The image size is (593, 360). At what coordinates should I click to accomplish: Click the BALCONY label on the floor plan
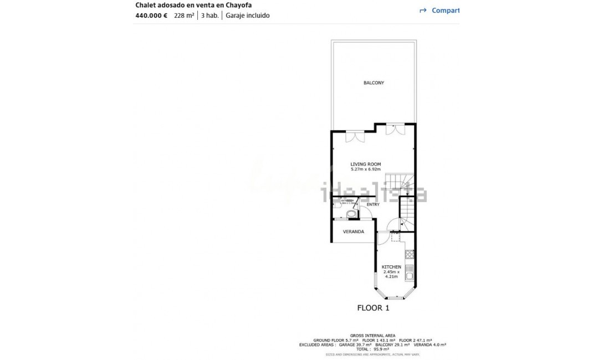point(374,83)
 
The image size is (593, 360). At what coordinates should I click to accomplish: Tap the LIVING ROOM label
point(366,164)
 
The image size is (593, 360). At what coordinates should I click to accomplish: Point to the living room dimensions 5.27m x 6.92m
point(366,169)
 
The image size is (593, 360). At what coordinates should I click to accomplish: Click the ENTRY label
point(373,204)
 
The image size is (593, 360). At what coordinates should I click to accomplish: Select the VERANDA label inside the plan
point(354,232)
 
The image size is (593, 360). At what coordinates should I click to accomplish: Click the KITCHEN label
point(391,267)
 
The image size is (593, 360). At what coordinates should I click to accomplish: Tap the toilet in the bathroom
point(350,213)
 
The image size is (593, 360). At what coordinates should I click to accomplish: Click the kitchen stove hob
point(410,255)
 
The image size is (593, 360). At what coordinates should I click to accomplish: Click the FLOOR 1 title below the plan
point(373,308)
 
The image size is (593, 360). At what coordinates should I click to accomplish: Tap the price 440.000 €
point(151,16)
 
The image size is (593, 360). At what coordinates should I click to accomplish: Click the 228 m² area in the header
point(184,16)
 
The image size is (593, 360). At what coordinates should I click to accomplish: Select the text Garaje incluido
point(247,16)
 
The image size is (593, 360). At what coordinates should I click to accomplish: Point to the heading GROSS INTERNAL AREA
point(372,336)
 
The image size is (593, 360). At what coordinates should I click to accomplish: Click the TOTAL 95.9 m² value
point(372,349)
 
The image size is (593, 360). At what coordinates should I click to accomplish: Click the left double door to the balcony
point(355,136)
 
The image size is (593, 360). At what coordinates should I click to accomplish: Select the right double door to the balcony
point(395,129)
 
